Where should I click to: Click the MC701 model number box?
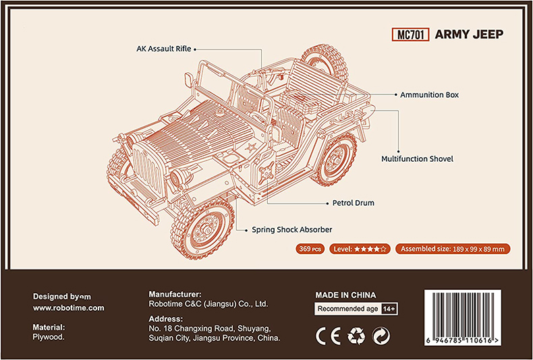pos(410,34)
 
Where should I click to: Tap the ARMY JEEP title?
pos(469,34)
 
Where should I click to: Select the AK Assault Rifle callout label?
pos(164,49)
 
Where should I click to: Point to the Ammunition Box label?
pos(429,95)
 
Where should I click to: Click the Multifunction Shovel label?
pos(417,158)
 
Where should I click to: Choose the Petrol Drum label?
pos(353,203)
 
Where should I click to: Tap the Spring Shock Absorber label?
pos(291,230)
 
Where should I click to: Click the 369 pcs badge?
pos(310,249)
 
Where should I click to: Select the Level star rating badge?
pos(360,249)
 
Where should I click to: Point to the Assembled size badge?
pos(453,249)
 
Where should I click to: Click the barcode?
pos(463,318)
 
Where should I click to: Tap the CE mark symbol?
pos(328,336)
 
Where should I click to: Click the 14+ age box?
pos(389,309)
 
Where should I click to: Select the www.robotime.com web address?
pos(69,308)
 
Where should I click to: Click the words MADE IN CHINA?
pos(345,295)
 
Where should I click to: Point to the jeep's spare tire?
pos(324,62)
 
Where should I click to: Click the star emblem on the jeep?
pos(251,148)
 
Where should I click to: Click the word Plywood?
pos(49,337)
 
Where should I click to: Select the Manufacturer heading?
pos(175,294)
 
